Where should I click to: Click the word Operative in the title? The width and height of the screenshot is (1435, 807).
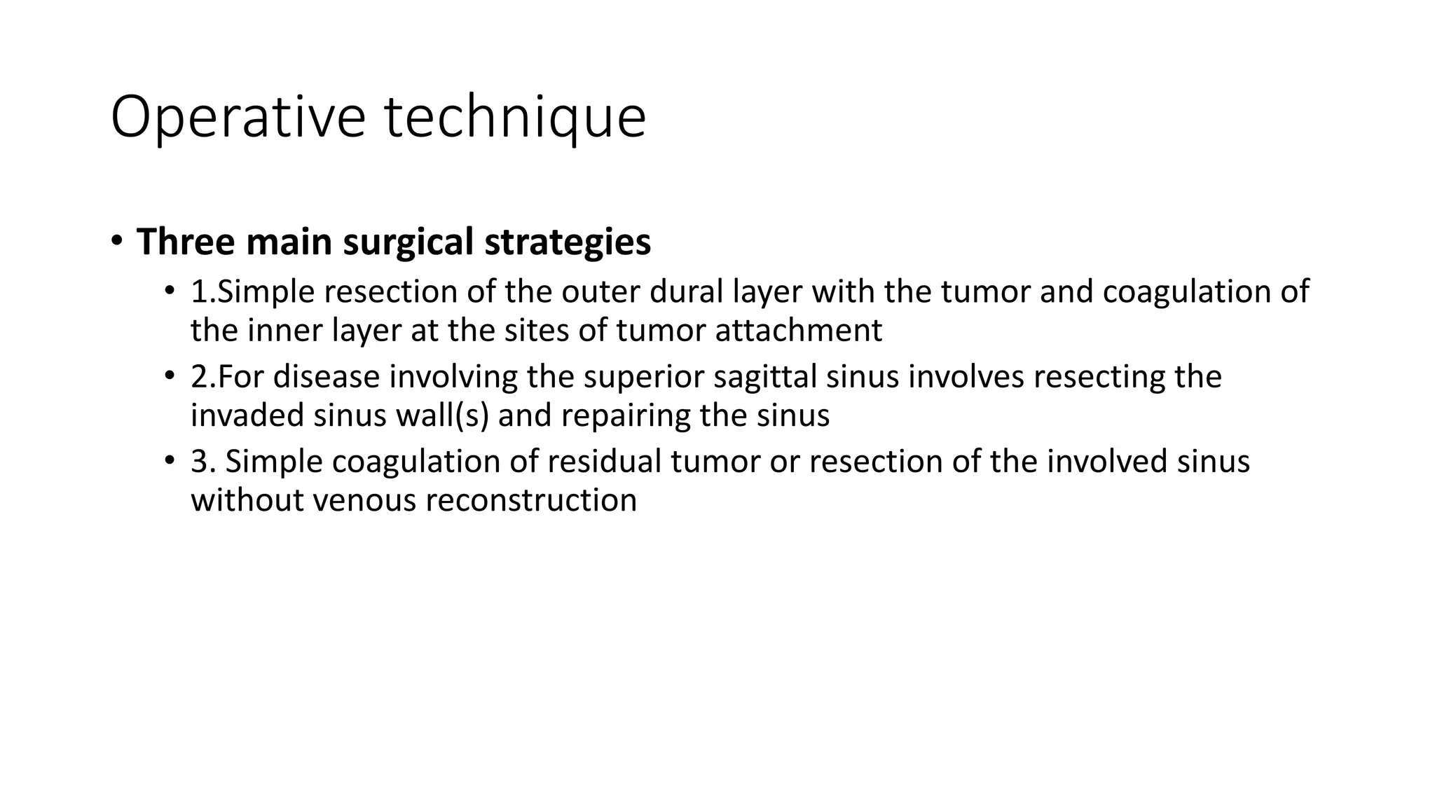click(x=238, y=117)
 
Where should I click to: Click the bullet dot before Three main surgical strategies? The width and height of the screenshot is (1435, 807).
click(x=117, y=241)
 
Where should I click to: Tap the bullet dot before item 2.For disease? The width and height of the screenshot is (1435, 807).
click(x=169, y=376)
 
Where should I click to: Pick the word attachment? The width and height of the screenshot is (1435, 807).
click(x=798, y=331)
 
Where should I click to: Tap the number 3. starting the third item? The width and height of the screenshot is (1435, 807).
click(x=203, y=462)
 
